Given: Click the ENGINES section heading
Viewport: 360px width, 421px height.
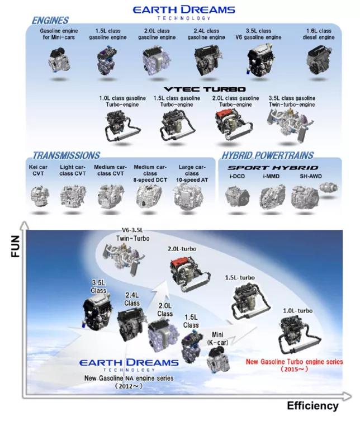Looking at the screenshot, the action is pos(50,20).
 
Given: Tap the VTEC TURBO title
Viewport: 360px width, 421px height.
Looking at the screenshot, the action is pos(205,89).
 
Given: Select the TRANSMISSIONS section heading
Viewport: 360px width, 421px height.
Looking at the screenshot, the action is pos(66,155).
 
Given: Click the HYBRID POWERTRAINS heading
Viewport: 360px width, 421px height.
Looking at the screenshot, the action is pos(267,155).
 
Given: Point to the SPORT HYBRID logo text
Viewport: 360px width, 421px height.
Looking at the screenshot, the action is pos(273,168).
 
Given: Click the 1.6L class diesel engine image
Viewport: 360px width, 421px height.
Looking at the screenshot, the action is pos(318,60).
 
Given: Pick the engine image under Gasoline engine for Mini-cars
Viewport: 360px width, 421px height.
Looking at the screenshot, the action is pos(59,60).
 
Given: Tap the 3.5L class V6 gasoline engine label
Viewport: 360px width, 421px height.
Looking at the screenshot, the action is pos(258,34).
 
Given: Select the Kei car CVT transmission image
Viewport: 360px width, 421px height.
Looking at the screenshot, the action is pos(40,195).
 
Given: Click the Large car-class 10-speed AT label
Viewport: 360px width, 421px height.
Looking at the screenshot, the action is pos(192,173).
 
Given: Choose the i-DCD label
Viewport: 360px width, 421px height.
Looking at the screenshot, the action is pos(237,177).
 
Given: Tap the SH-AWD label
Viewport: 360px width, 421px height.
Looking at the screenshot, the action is pos(311,177).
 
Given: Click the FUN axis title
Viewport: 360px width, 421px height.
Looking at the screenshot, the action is pos(16,246).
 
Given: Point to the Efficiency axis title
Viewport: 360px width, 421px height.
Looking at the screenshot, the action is pos(312,406).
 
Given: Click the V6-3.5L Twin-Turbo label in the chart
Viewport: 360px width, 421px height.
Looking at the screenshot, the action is pos(132,235).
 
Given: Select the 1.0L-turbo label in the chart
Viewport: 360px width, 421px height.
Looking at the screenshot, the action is pos(298,311).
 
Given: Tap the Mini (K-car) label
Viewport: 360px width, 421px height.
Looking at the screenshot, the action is pos(217,339).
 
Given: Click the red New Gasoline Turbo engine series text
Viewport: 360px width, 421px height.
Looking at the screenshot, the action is pos(294,362).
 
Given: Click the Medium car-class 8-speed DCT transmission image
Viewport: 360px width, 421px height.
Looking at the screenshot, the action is pos(149,197).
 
